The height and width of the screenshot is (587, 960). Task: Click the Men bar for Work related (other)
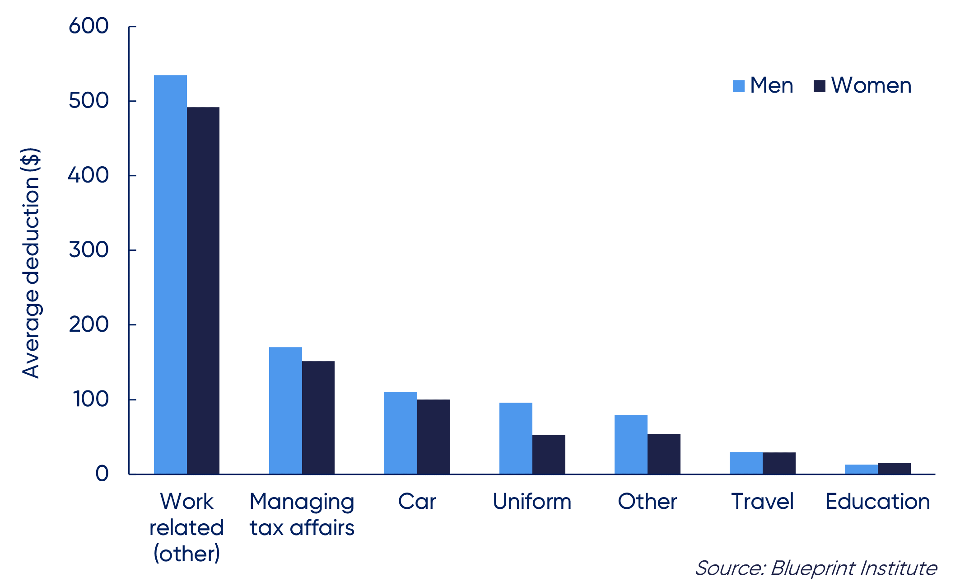(170, 274)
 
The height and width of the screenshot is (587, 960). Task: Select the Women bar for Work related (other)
(203, 291)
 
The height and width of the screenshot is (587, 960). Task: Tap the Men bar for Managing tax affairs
(285, 410)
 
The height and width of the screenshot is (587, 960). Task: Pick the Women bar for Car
(433, 437)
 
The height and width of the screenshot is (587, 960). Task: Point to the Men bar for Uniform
(516, 438)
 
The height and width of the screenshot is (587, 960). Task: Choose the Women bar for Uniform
(549, 454)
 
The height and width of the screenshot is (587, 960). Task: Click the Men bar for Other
(631, 444)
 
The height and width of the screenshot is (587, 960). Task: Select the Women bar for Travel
(779, 463)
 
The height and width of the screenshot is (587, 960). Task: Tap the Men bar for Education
(861, 470)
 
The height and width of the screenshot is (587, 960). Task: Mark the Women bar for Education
(894, 469)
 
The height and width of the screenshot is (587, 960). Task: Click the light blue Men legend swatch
(738, 86)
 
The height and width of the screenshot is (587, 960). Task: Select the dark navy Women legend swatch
(819, 86)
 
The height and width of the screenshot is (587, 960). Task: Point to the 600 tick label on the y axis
(89, 26)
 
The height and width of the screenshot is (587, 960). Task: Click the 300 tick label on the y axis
(89, 250)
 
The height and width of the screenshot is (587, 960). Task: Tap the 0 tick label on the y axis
(102, 474)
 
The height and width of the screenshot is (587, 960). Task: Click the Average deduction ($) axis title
(31, 263)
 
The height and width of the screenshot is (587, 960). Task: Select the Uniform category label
(532, 502)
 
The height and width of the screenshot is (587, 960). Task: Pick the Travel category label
(762, 502)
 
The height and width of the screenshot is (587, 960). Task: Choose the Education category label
(877, 502)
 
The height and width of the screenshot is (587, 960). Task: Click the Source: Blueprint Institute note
(816, 568)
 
